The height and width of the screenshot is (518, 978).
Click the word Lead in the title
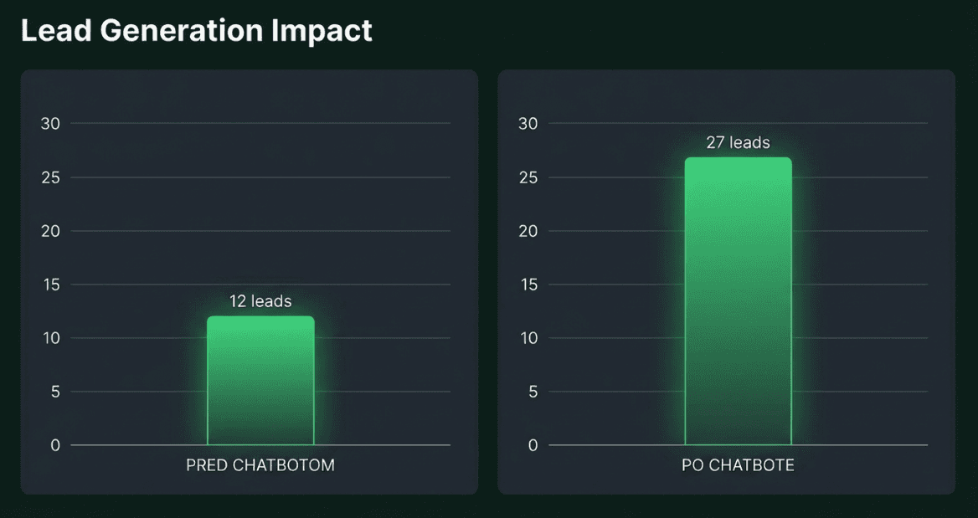coord(54,31)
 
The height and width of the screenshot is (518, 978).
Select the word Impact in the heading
coord(322,31)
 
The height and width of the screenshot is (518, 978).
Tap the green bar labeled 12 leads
coord(260,381)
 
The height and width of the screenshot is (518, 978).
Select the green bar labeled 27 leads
coord(738,301)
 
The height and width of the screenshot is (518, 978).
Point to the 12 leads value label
coord(260,301)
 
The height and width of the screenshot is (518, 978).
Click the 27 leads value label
coord(738,143)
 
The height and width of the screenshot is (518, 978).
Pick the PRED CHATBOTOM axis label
coord(260,466)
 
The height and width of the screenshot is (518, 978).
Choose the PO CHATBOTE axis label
coord(738,466)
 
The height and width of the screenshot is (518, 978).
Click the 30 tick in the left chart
coord(51,124)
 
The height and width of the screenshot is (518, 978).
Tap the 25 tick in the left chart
coord(51,177)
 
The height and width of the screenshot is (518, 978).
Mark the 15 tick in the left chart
coord(51,285)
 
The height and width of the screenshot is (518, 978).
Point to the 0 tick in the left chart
coord(55,445)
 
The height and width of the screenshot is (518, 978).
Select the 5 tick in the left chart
coord(55,392)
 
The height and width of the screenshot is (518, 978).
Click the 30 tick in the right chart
coord(528,124)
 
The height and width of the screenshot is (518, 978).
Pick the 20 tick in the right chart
coord(528,231)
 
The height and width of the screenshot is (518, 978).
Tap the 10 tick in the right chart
coord(528,338)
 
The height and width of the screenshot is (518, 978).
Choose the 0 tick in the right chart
coord(533,445)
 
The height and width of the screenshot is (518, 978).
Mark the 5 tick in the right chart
coord(533,392)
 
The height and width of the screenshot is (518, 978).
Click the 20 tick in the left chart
coord(51,231)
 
